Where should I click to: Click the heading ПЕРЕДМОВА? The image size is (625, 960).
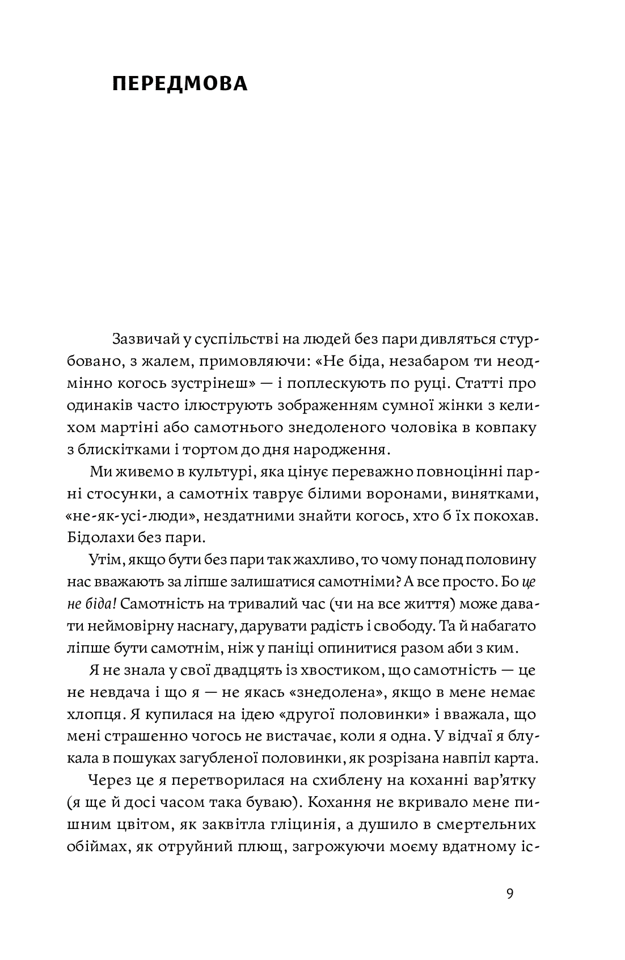180,83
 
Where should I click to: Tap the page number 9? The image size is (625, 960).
509,894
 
